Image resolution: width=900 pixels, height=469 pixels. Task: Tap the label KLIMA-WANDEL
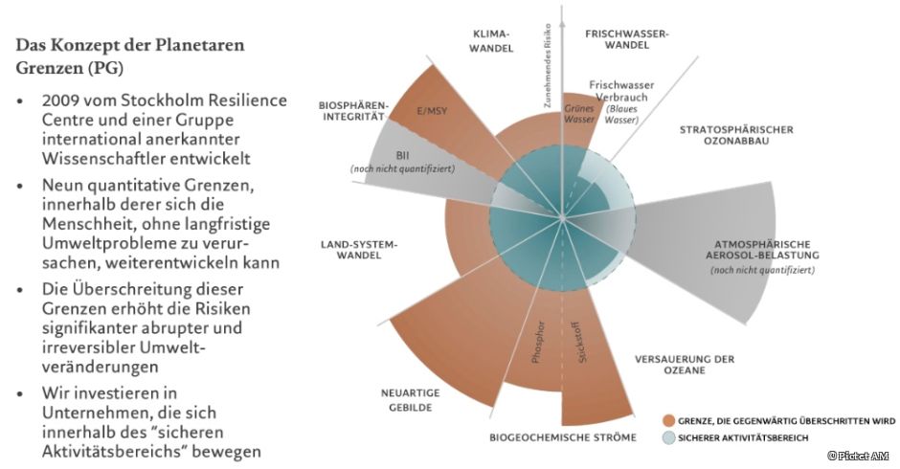tap(494, 39)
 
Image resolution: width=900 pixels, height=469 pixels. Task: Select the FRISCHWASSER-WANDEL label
tap(627, 39)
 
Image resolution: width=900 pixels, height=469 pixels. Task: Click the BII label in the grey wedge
tap(402, 153)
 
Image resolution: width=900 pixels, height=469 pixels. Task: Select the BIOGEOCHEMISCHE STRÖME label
tap(562, 438)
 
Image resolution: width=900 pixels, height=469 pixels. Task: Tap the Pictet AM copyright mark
tap(859, 457)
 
